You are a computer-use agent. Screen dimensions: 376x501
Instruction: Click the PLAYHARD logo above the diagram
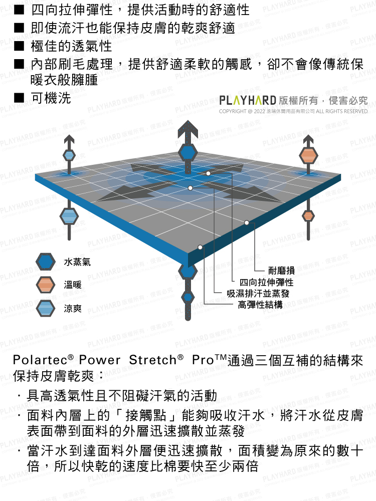[248, 100]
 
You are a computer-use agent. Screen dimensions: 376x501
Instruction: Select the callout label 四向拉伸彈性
[266, 283]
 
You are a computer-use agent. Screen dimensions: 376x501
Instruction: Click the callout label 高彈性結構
[260, 305]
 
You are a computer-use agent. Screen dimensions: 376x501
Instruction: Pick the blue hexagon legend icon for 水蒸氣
[45, 262]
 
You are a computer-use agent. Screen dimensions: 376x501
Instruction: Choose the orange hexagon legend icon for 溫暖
[45, 285]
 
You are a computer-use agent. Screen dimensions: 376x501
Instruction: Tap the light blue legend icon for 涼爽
[45, 308]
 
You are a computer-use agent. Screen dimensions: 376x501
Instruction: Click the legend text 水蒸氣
[77, 262]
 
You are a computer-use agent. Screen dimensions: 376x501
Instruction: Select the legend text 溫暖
[73, 285]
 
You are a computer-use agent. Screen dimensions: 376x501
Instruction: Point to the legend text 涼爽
[73, 308]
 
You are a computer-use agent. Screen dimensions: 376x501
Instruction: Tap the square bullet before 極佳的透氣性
[18, 47]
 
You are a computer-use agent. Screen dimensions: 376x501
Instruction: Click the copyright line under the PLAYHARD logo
[293, 111]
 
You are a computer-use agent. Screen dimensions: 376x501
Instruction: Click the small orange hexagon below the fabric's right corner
[308, 215]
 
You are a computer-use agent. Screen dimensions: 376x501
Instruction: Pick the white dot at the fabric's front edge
[200, 247]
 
